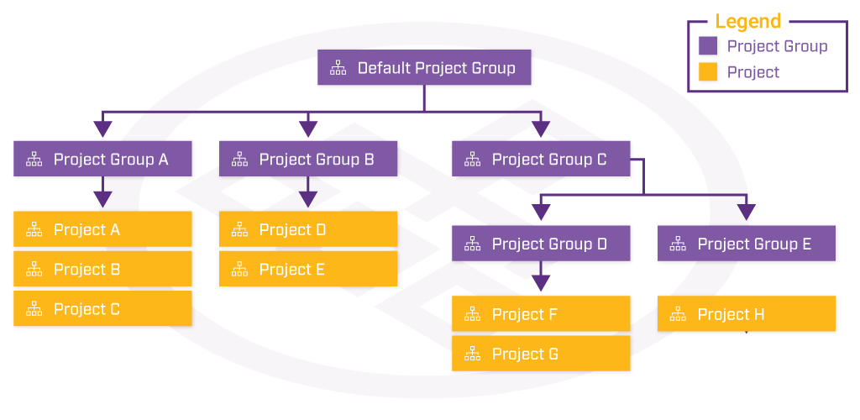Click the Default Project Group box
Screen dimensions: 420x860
tap(425, 68)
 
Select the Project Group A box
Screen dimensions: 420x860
tap(103, 159)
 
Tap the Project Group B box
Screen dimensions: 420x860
tap(308, 159)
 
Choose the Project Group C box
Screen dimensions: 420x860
tap(541, 159)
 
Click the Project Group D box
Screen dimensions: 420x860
tap(541, 244)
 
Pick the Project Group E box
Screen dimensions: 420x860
tap(746, 244)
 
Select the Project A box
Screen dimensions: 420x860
tap(103, 229)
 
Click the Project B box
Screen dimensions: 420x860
tap(103, 269)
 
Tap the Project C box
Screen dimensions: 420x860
tap(103, 309)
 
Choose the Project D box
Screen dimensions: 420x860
tap(308, 229)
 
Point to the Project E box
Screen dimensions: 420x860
tap(308, 269)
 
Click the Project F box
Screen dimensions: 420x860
tap(541, 314)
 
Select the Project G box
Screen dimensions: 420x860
tap(541, 354)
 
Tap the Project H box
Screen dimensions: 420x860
tap(746, 314)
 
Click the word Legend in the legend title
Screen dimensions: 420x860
tap(747, 22)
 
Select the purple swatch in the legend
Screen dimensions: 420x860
tap(708, 46)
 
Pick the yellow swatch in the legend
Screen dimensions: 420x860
tap(708, 72)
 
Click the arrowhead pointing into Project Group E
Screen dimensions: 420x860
tap(746, 213)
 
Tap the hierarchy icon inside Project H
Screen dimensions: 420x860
tap(678, 314)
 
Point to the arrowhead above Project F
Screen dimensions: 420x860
tap(541, 283)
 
